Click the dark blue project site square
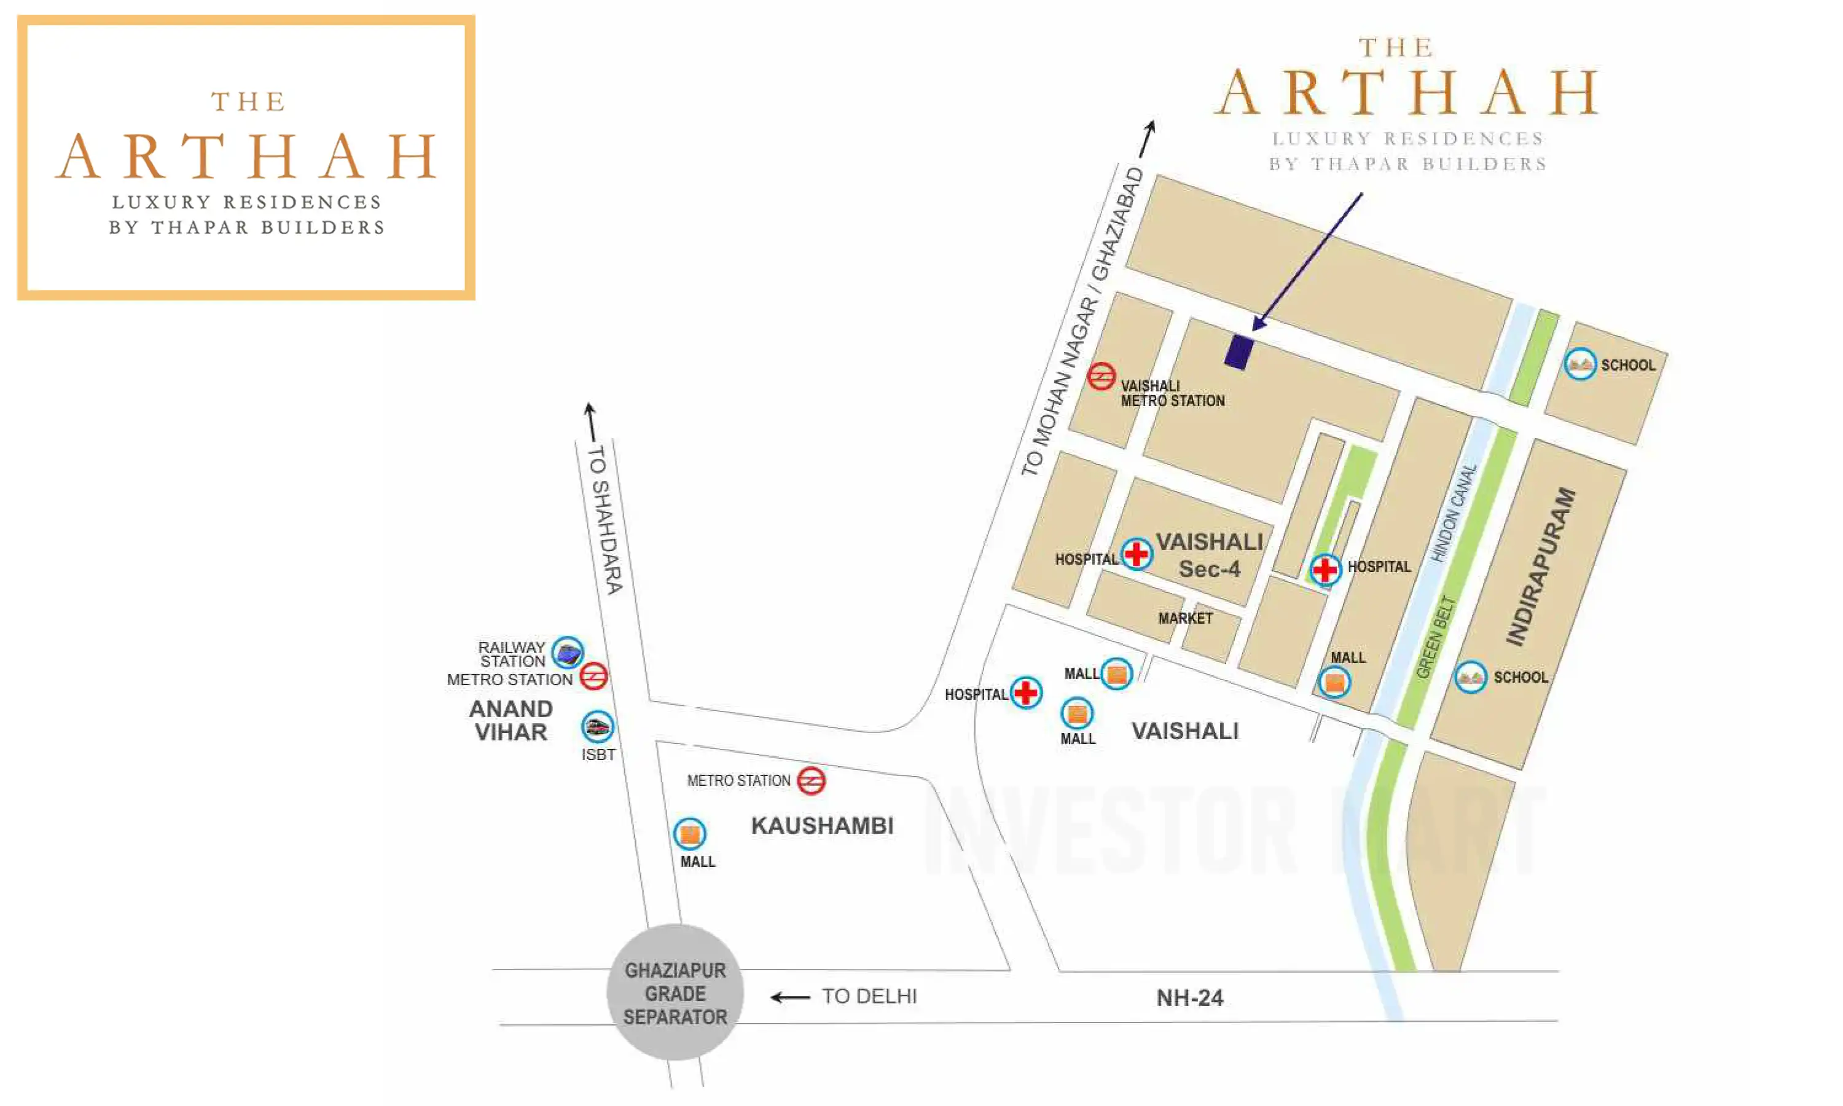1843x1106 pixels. pyautogui.click(x=1238, y=352)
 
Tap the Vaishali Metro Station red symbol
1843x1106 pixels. pyautogui.click(x=1100, y=377)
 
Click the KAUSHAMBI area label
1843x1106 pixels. pyautogui.click(x=822, y=826)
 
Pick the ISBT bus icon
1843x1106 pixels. pyautogui.click(x=598, y=727)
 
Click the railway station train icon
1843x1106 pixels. pyautogui.click(x=568, y=654)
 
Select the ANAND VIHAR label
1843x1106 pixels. pyautogui.click(x=511, y=721)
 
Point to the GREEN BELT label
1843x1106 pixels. pyautogui.click(x=1434, y=637)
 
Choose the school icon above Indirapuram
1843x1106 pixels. pyautogui.click(x=1579, y=364)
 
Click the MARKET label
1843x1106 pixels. pyautogui.click(x=1184, y=619)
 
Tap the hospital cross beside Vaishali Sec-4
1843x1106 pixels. pyautogui.click(x=1136, y=554)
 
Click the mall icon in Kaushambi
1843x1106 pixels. pyautogui.click(x=689, y=834)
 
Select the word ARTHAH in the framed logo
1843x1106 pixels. pyautogui.click(x=246, y=157)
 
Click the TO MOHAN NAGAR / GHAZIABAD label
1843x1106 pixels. pyautogui.click(x=1082, y=322)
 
